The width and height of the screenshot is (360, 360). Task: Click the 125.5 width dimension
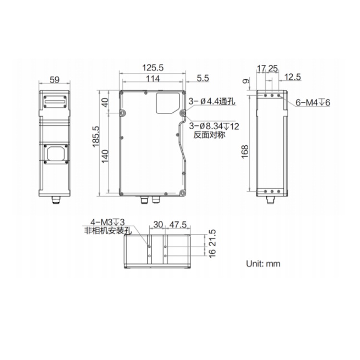(153, 68)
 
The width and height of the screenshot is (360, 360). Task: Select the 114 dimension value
(153, 79)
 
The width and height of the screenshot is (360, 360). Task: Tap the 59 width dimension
(55, 80)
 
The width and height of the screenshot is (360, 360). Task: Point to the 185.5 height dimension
(96, 136)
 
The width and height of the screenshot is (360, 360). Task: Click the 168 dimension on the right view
(245, 152)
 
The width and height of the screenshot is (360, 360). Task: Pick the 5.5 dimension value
(203, 78)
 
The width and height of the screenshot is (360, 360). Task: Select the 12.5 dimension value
(292, 77)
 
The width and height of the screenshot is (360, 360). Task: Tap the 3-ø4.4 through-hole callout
(212, 101)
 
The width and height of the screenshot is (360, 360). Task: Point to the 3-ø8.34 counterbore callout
(214, 126)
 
